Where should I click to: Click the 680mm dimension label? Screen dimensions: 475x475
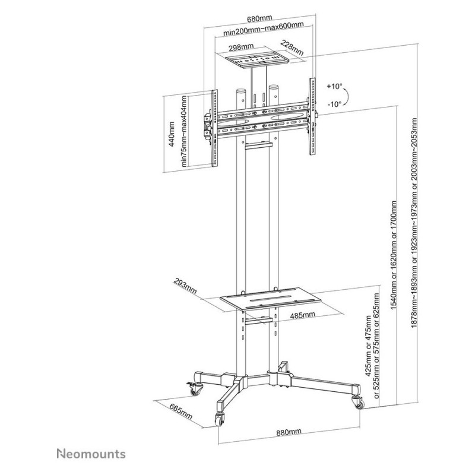259,19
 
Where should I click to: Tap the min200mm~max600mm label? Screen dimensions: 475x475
264,28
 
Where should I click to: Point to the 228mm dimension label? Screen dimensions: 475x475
292,48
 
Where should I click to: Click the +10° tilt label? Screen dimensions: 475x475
334,86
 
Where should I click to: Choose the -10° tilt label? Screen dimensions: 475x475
334,104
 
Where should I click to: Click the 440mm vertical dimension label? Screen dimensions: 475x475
172,134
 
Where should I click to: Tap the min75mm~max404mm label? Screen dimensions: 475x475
184,131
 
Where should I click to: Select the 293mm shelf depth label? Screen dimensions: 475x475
185,286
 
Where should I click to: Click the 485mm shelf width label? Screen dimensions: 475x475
302,315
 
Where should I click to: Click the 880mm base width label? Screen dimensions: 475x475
289,432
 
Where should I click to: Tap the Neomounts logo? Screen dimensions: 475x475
91,454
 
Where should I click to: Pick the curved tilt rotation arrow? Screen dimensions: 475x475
347,96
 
